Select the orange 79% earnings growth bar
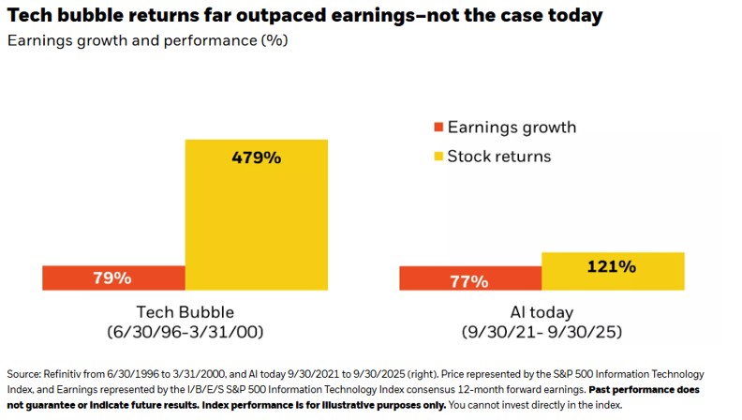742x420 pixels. (113, 277)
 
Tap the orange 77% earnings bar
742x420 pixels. (470, 278)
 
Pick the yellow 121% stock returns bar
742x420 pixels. (613, 271)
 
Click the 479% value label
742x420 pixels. (257, 157)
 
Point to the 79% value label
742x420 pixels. (112, 277)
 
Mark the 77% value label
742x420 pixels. (468, 280)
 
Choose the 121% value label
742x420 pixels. (612, 266)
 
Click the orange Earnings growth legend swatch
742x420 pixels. (436, 127)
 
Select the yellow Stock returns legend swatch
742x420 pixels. (436, 156)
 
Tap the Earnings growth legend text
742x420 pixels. (512, 127)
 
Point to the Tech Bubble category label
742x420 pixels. (185, 312)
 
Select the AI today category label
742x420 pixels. (542, 312)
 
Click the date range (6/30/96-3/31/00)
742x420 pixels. (185, 332)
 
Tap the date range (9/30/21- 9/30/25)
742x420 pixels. (542, 332)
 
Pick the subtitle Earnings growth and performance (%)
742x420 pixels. (148, 40)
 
